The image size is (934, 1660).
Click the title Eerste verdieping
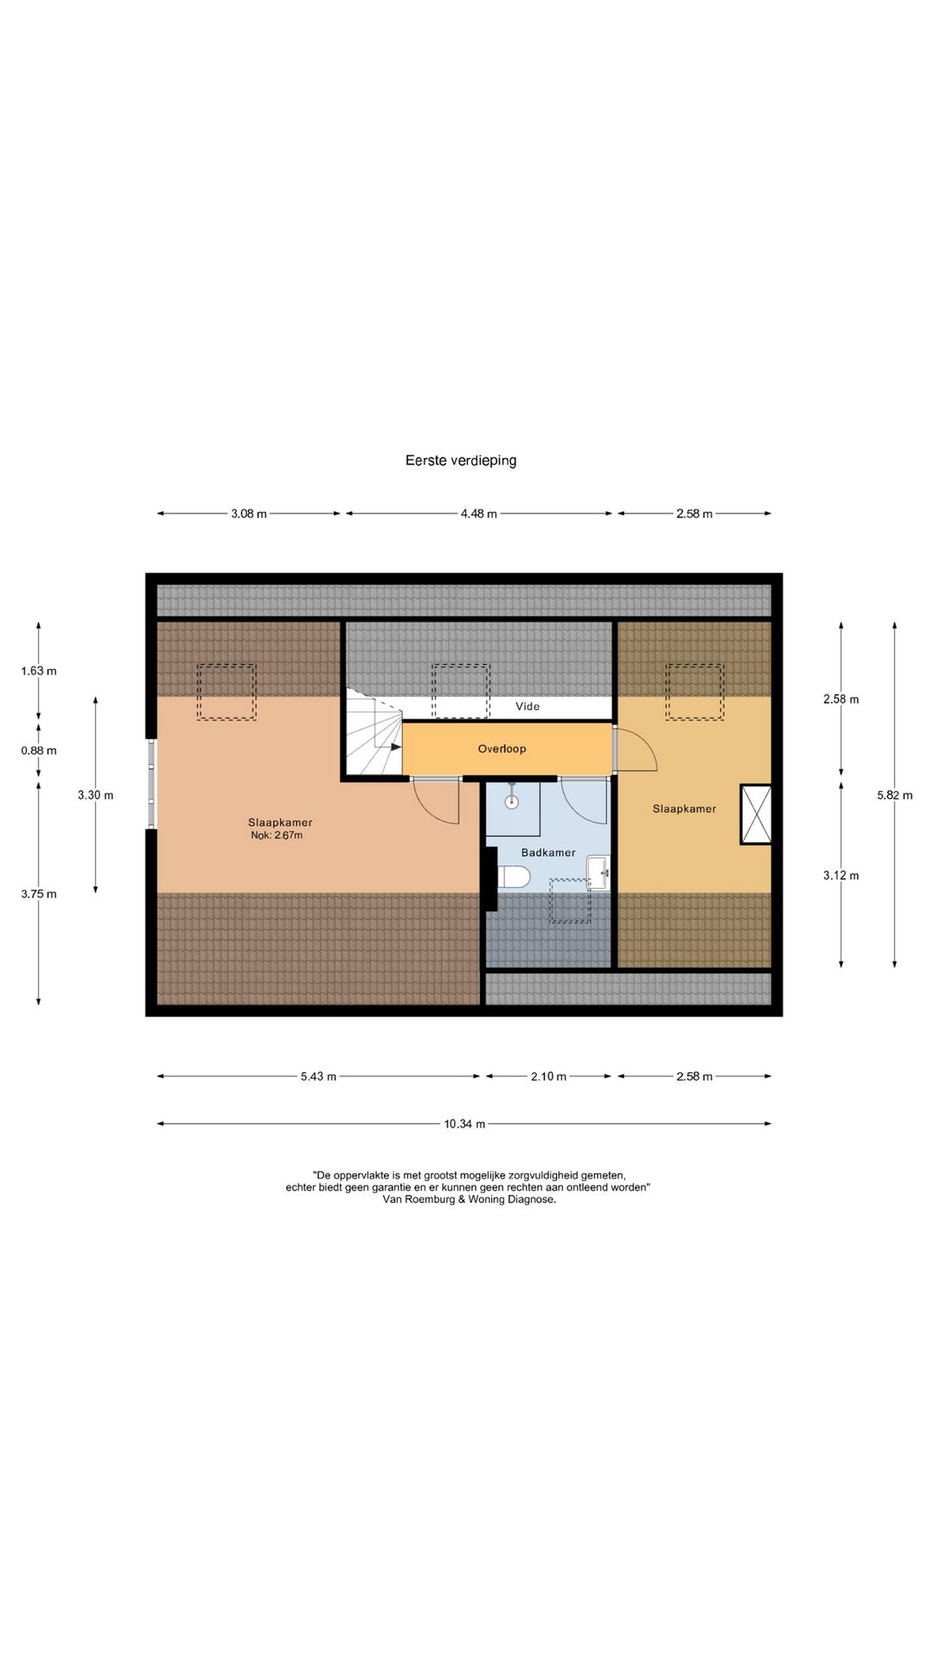pyautogui.click(x=461, y=461)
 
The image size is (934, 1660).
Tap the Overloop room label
pyautogui.click(x=502, y=749)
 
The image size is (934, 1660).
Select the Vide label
pyautogui.click(x=528, y=706)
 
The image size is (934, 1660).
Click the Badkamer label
pyautogui.click(x=548, y=852)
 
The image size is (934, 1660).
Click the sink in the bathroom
pyautogui.click(x=598, y=872)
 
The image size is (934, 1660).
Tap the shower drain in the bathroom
pyautogui.click(x=512, y=801)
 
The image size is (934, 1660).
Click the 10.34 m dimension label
pyautogui.click(x=464, y=1124)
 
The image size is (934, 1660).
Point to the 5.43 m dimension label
pyautogui.click(x=318, y=1076)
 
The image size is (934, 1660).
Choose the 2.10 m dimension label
pyautogui.click(x=548, y=1076)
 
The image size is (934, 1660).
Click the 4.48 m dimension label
pyautogui.click(x=478, y=514)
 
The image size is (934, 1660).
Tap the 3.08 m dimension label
pyautogui.click(x=248, y=514)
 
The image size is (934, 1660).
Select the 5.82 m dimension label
pyautogui.click(x=894, y=795)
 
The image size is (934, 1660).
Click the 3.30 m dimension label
pyautogui.click(x=95, y=795)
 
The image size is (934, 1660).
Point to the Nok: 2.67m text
pyautogui.click(x=277, y=835)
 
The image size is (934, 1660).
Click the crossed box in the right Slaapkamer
pyautogui.click(x=756, y=814)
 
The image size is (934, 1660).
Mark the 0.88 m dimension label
pyautogui.click(x=39, y=750)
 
